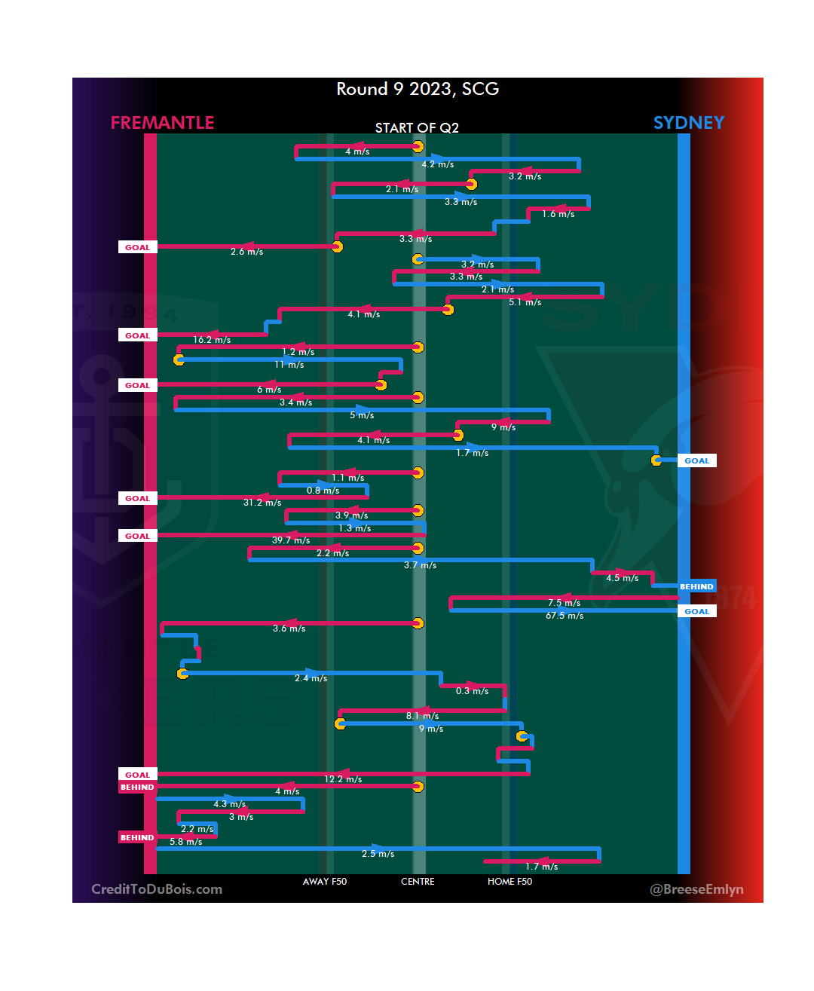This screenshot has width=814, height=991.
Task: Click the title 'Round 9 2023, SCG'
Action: click(x=418, y=89)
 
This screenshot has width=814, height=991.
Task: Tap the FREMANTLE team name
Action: click(x=162, y=123)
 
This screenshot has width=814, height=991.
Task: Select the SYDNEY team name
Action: click(x=688, y=123)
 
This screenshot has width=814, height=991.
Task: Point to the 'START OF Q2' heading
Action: click(x=417, y=128)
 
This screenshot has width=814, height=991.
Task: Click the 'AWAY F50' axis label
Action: click(x=325, y=882)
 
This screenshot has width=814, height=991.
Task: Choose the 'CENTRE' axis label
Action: click(x=418, y=882)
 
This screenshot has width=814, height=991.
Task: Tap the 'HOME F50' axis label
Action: click(x=510, y=882)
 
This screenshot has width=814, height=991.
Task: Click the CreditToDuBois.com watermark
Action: click(x=157, y=889)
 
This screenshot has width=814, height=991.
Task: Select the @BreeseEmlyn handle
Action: click(x=696, y=889)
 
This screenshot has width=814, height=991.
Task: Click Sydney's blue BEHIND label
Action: click(x=696, y=586)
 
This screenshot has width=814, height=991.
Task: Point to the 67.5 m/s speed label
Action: click(x=565, y=616)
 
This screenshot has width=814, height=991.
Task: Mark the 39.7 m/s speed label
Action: click(x=291, y=540)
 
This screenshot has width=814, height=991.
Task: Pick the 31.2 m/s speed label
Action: click(x=262, y=503)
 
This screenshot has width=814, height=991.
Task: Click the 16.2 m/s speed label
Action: click(x=212, y=340)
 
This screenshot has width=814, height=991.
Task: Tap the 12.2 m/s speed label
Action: click(x=343, y=779)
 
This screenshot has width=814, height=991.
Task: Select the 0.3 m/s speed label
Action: click(x=472, y=691)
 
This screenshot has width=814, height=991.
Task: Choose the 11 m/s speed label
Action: click(x=289, y=365)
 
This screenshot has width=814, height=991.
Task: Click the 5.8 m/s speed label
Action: click(x=185, y=842)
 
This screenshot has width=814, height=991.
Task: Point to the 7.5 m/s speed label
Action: click(x=564, y=603)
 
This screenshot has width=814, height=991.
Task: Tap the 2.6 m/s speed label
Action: click(x=247, y=252)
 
